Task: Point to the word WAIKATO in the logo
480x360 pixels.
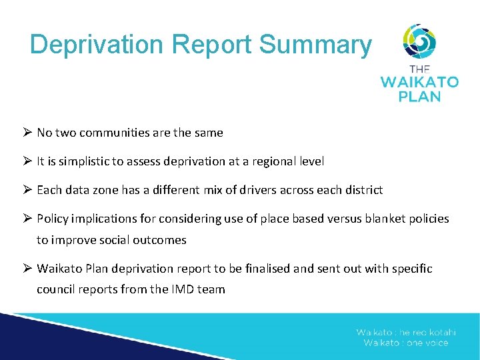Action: (419, 83)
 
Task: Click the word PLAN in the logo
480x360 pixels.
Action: (419, 97)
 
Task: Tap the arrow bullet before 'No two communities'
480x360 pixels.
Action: (27, 133)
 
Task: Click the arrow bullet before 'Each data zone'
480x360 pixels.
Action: (27, 190)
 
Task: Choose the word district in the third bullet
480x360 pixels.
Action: (364, 190)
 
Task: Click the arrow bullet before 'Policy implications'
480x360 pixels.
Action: (27, 219)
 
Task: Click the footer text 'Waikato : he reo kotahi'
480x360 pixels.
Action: (406, 333)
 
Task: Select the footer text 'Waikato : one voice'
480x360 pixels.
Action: (406, 343)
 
